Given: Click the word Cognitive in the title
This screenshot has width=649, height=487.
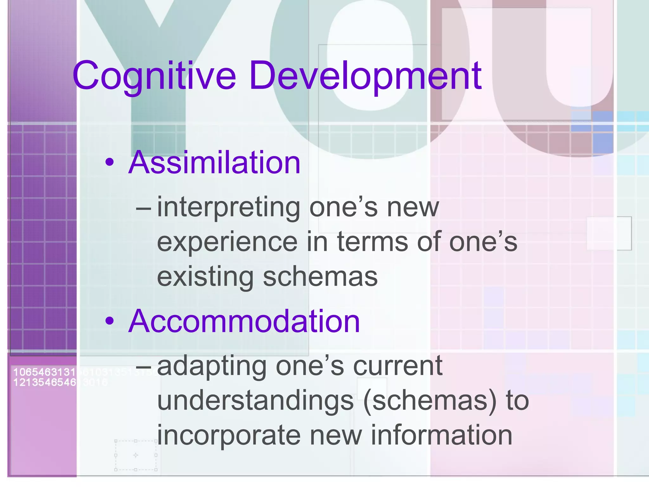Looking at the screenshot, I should coord(154,76).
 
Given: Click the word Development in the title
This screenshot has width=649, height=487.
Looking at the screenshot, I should coord(365,76).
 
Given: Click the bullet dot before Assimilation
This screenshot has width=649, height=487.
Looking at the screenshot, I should coord(110,163).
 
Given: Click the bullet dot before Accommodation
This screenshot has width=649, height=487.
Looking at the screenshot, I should coord(110,321).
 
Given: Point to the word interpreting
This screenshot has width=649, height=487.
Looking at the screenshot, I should coord(228,208).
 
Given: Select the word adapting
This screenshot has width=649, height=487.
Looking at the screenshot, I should coord(212,366).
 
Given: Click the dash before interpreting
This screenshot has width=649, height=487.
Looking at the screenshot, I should coord(143,209).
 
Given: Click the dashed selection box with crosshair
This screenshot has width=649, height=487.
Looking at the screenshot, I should coord(136,455).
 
